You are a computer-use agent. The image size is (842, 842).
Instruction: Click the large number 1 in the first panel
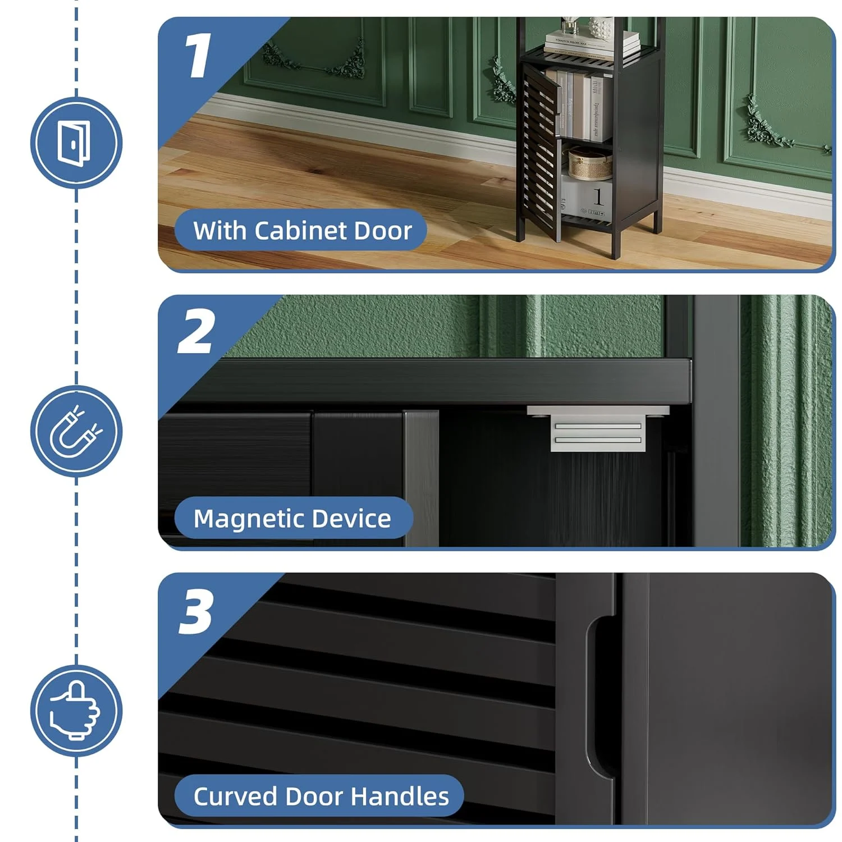[198, 55]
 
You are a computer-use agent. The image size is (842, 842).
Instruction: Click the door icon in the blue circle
[75, 143]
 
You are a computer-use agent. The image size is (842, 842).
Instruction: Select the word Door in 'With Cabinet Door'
[386, 231]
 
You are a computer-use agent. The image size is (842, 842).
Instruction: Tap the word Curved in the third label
[235, 797]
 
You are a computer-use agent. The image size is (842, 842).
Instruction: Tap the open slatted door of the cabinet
[540, 152]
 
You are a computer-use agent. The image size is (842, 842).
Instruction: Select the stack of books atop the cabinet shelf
[592, 44]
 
